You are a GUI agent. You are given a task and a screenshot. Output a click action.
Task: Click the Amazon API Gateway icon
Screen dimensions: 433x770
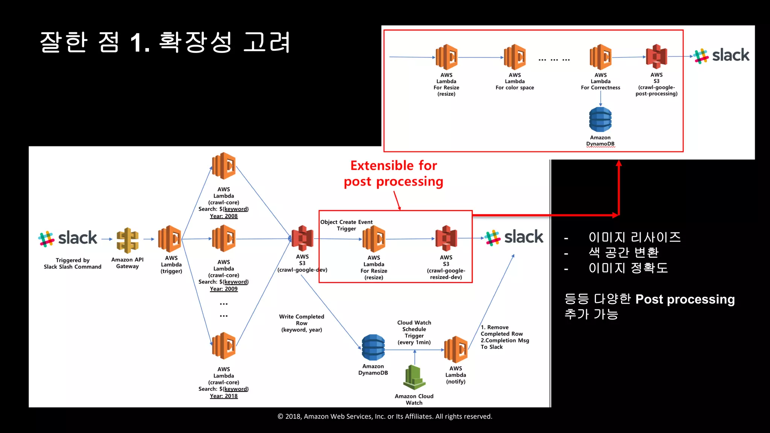click(x=127, y=240)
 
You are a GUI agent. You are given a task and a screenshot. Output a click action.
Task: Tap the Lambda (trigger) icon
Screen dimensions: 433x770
click(x=170, y=239)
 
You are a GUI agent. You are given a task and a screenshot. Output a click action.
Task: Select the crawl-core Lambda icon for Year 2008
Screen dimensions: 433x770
click(x=224, y=166)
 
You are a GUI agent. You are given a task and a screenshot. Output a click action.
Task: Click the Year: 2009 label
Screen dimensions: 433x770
click(x=224, y=289)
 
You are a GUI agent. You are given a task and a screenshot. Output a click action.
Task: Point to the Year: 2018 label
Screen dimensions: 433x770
click(x=224, y=396)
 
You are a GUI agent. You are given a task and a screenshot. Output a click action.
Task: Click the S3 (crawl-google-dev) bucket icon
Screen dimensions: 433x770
click(x=302, y=238)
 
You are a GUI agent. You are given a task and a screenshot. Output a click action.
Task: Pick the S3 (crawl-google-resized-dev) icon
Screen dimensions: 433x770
click(x=446, y=238)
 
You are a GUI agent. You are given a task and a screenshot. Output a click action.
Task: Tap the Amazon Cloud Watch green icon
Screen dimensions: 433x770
click(x=414, y=377)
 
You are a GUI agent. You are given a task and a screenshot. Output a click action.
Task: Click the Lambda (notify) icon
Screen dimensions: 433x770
click(x=456, y=350)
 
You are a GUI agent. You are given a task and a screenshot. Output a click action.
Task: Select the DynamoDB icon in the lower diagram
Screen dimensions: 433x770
click(x=373, y=348)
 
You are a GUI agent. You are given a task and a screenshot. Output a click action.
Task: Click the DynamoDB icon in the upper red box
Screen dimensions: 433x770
click(x=600, y=120)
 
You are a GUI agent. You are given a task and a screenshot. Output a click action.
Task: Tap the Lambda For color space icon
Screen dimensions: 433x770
click(x=515, y=57)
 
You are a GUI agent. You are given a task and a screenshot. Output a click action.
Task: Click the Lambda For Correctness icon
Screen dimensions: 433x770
click(x=600, y=57)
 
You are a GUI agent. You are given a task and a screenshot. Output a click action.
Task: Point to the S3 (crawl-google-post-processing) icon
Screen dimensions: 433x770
click(x=656, y=57)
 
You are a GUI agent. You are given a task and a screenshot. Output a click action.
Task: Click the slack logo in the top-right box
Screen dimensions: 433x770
click(x=721, y=56)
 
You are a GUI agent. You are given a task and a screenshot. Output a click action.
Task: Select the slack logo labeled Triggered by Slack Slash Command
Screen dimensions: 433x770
click(x=68, y=238)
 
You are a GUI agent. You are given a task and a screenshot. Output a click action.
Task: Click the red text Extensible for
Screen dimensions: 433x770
click(x=394, y=165)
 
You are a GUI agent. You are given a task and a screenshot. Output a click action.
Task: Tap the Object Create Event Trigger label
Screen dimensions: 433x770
click(x=346, y=225)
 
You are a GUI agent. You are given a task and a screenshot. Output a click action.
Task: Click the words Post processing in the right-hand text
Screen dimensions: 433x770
click(x=685, y=299)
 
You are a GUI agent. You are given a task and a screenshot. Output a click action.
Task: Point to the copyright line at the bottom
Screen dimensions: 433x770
click(x=385, y=416)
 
